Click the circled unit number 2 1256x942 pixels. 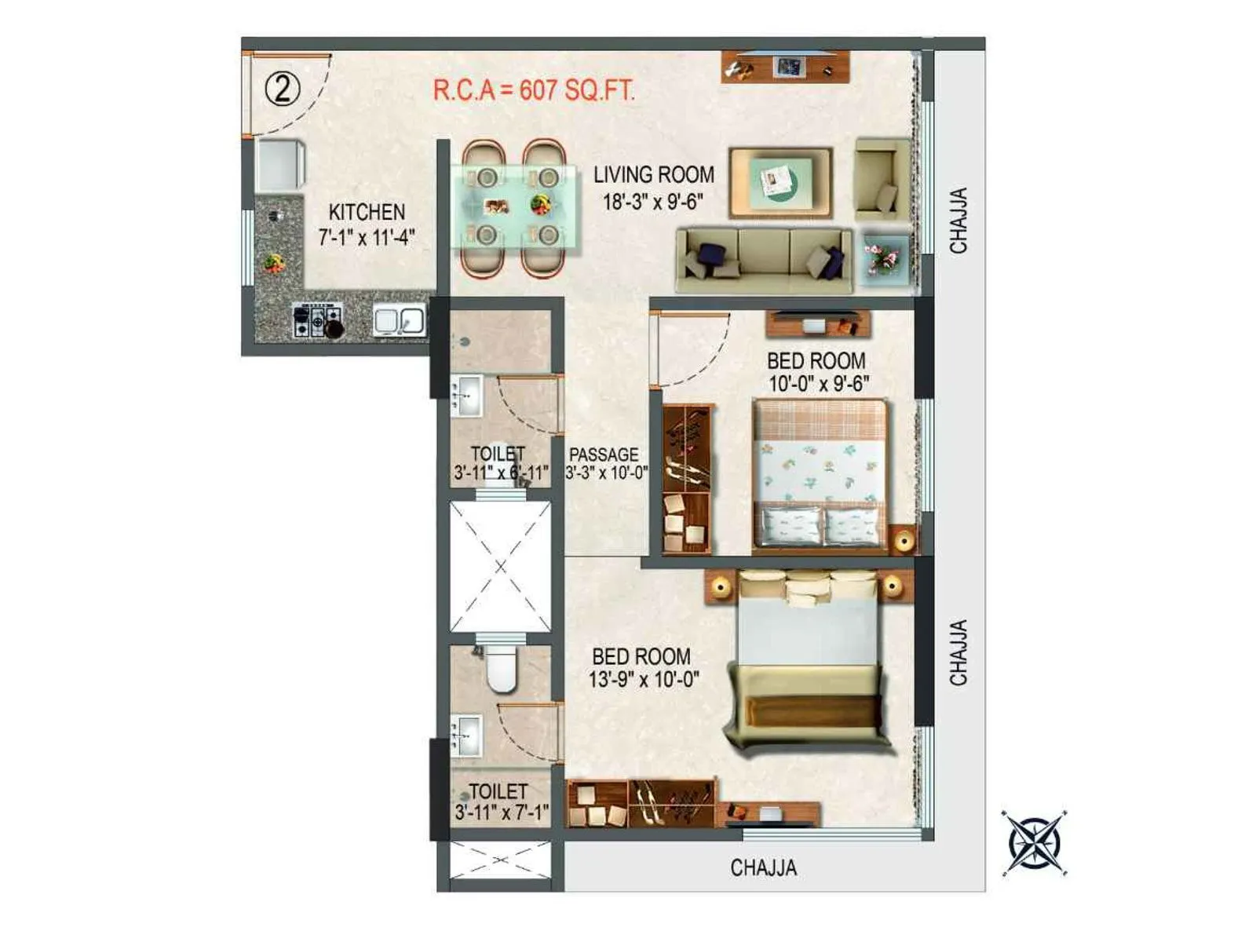pos(283,89)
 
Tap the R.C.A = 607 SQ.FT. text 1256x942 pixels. pos(534,89)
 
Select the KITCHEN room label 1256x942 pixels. pos(367,212)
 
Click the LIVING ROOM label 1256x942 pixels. pos(654,174)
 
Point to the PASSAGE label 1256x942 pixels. pos(604,455)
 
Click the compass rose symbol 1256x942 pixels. pos(1035,842)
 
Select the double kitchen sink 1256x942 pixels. pos(399,320)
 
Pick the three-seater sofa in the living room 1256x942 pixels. pos(764,261)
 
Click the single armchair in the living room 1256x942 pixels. pos(882,180)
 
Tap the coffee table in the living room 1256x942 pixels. pos(780,183)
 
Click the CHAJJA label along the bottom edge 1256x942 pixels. pos(763,867)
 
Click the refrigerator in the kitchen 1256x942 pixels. pos(279,165)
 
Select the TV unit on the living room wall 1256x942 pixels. pos(786,68)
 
